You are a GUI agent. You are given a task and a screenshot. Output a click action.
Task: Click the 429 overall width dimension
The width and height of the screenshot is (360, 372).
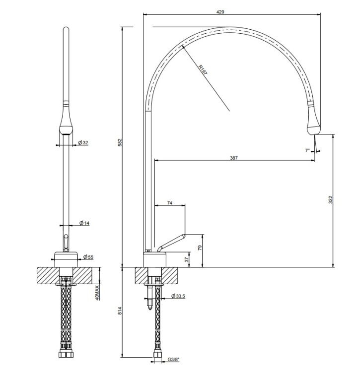[x=220, y=11]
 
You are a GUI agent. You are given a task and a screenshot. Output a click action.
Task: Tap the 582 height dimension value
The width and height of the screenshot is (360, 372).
[x=120, y=142]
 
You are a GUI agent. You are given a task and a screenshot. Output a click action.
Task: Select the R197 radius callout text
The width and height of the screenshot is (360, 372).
[x=203, y=70]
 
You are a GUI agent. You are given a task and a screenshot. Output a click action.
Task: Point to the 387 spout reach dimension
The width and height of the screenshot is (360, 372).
[x=234, y=158]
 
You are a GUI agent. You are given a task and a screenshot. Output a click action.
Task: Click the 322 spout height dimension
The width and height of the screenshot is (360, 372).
[x=331, y=200]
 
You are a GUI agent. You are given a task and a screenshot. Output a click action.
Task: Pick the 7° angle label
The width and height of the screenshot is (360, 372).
[x=307, y=150]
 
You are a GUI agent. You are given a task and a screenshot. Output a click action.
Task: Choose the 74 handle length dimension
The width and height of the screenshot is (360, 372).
[x=170, y=203]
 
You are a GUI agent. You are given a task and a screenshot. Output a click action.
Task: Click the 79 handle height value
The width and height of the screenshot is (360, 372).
[x=200, y=248]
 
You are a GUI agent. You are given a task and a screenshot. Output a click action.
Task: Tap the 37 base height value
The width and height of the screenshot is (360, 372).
[x=187, y=259]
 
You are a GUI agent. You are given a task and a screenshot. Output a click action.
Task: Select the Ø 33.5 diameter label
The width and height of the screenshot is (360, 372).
[x=178, y=296]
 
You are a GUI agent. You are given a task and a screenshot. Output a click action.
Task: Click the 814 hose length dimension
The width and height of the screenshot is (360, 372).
[x=120, y=311]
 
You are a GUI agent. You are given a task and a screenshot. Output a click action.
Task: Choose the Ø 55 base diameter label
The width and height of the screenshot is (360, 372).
[x=88, y=257]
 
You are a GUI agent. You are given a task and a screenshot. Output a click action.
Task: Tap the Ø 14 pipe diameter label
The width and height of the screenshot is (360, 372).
[x=84, y=223]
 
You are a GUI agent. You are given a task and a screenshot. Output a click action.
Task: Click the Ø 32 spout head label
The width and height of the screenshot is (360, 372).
[x=83, y=142]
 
